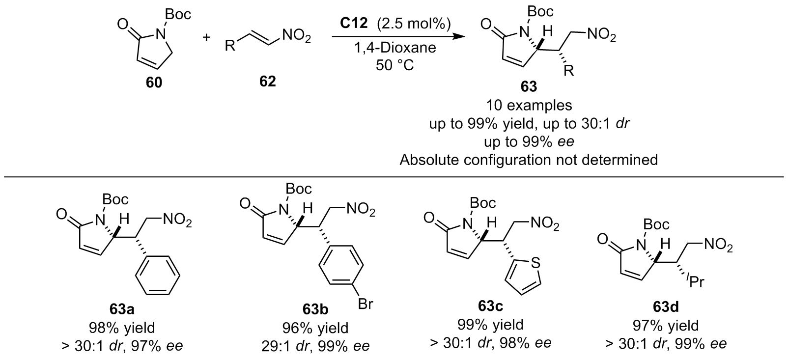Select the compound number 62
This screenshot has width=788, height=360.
point(268,82)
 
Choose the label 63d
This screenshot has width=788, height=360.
point(666,309)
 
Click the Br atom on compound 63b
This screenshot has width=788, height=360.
point(365,305)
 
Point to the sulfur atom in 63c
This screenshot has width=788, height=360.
point(535,263)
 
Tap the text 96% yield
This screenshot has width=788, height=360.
point(315,328)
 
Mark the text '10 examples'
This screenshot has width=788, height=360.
point(529,106)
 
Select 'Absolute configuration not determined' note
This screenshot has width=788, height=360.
point(529,159)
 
